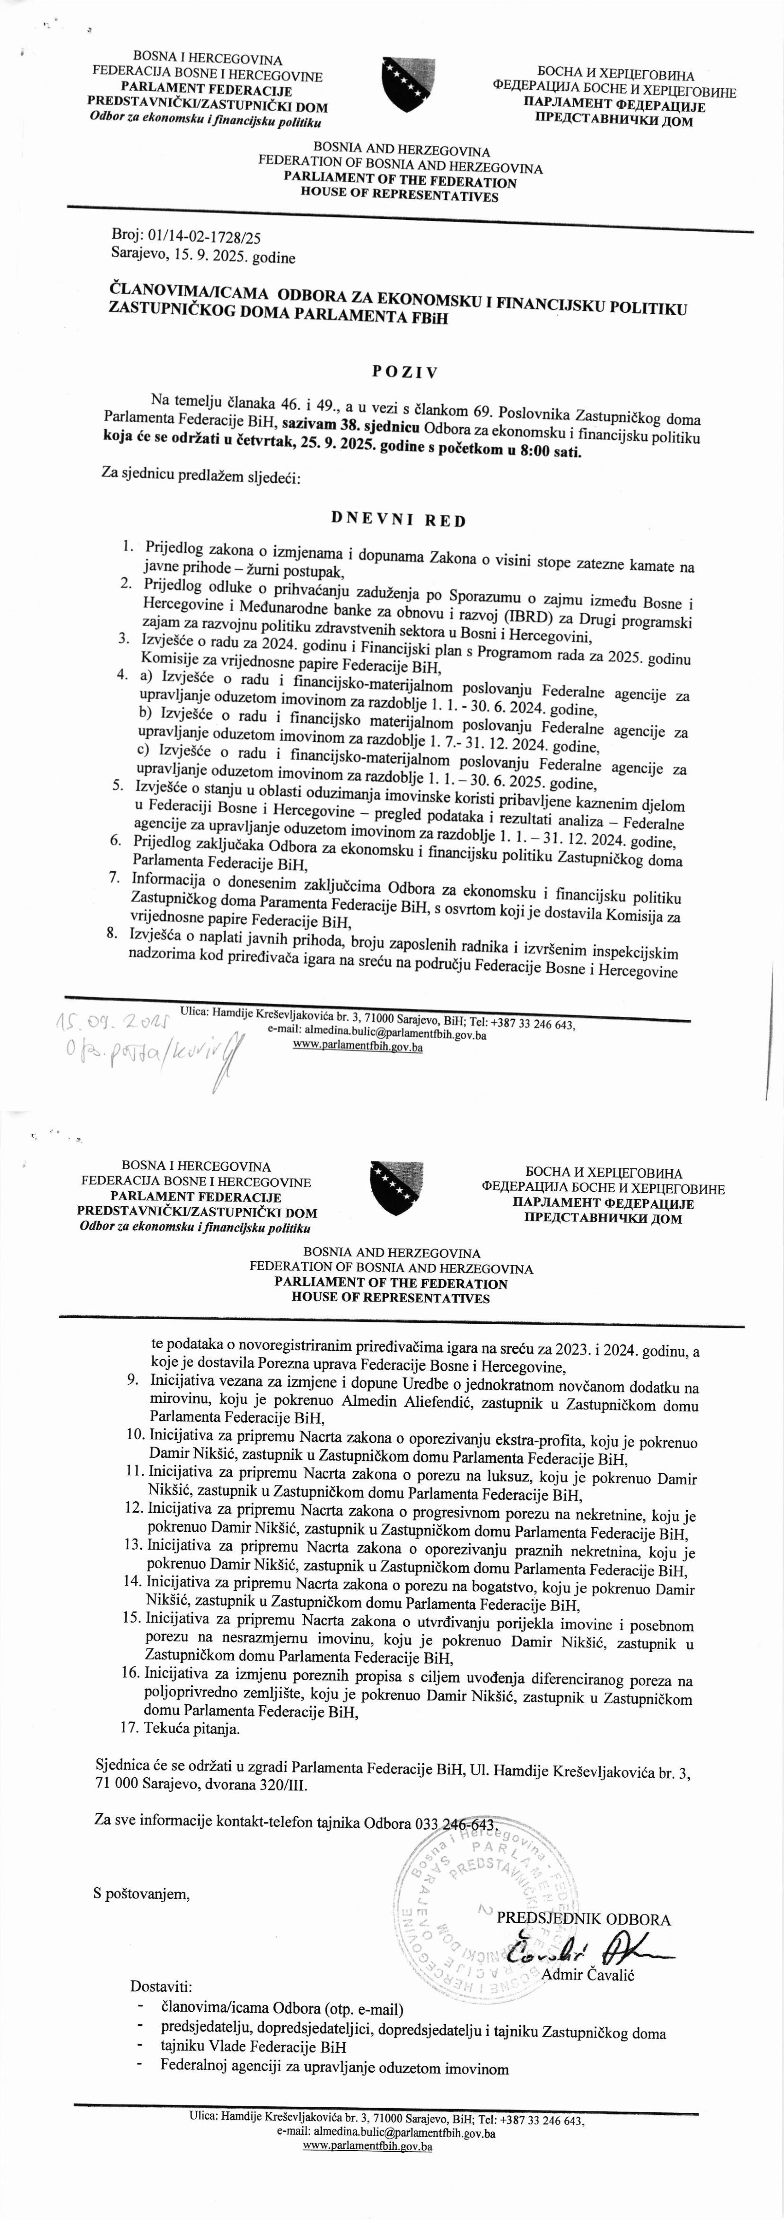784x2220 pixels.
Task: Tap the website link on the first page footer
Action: [358, 1047]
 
